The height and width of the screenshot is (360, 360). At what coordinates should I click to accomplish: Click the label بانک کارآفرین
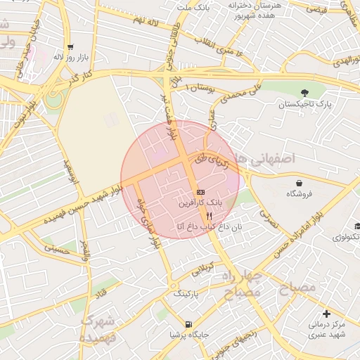[x=201, y=202]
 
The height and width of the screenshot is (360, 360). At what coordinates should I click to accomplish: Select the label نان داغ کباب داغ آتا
[x=208, y=226]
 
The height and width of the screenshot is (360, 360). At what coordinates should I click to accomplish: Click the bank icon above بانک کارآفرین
[x=201, y=191]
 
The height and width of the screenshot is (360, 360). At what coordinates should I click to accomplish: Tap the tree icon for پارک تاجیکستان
[x=304, y=93]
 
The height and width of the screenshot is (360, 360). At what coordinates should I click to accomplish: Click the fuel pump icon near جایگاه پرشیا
[x=187, y=324]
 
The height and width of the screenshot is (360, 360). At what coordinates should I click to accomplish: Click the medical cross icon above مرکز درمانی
[x=326, y=313]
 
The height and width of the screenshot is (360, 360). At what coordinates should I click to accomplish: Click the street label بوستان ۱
[x=199, y=87]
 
